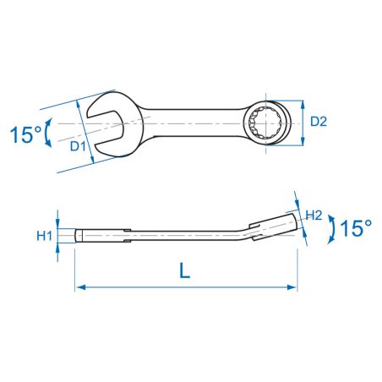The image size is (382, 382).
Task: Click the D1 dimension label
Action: coord(78,146)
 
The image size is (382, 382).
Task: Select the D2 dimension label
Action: coord(319,122)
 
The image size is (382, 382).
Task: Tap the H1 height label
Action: coord(45,236)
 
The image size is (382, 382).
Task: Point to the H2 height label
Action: coord(314,216)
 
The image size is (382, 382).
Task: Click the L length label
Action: coord(185,270)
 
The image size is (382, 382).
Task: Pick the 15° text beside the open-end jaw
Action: coord(25,134)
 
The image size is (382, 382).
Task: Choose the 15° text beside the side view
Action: coord(356,228)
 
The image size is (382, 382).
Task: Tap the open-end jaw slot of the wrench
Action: coord(105,123)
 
